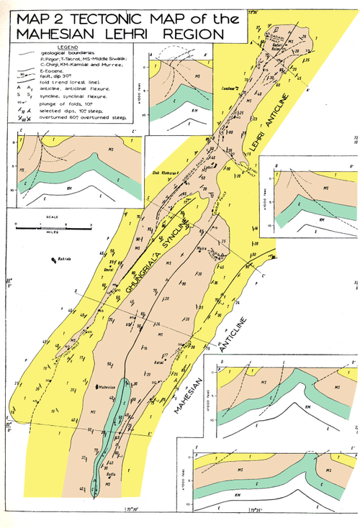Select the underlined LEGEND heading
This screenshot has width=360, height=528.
click(55, 46)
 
